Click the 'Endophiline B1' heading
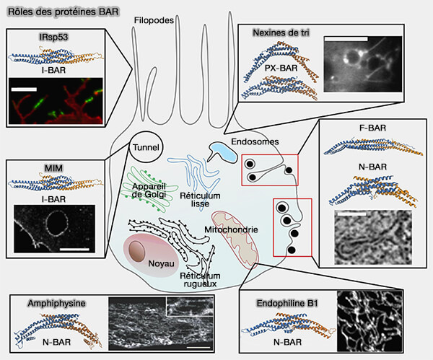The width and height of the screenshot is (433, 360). click(287, 304)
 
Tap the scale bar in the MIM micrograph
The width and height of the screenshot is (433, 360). click(74, 248)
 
